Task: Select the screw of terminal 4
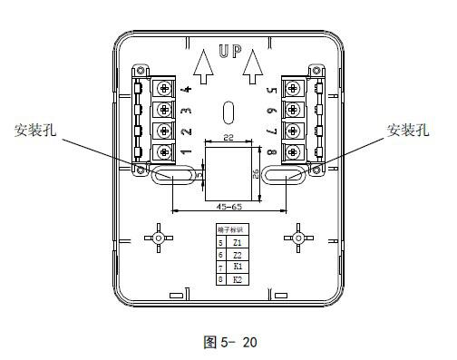tap(163, 88)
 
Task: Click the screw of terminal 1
tap(163, 151)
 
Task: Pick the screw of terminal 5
tap(293, 88)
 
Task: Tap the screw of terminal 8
tap(293, 151)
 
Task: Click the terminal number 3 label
tap(185, 111)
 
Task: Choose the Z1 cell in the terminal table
tap(237, 244)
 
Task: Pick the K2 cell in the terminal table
tap(237, 280)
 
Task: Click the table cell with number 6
tap(220, 256)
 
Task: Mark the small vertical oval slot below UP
tap(228, 112)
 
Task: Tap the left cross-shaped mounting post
tap(158, 238)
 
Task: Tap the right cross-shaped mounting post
tap(297, 238)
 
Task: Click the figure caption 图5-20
tap(228, 342)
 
